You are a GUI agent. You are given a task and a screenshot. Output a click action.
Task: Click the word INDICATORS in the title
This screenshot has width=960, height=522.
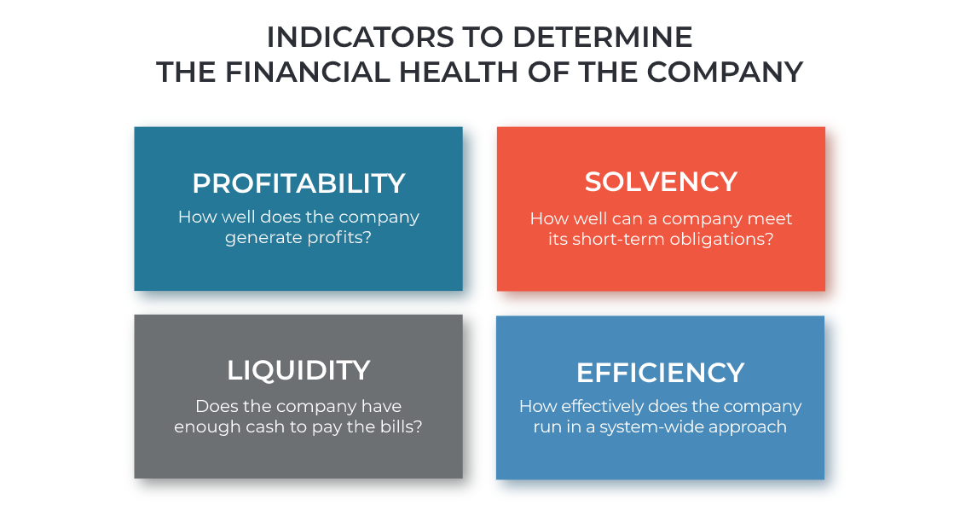pyautogui.click(x=361, y=38)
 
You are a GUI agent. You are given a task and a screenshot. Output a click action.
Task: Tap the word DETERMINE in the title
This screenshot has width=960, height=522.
pyautogui.click(x=602, y=38)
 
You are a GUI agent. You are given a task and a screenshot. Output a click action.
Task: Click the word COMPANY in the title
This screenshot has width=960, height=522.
pyautogui.click(x=725, y=72)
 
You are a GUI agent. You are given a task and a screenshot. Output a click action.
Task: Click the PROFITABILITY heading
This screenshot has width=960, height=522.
pyautogui.click(x=298, y=183)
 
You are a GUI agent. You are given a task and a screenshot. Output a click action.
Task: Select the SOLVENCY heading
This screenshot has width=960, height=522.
pyautogui.click(x=661, y=182)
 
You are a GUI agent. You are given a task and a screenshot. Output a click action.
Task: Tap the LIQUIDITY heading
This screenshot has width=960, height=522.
pyautogui.click(x=298, y=371)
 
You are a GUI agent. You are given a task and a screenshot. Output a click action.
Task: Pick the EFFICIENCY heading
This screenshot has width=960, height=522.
pyautogui.click(x=660, y=373)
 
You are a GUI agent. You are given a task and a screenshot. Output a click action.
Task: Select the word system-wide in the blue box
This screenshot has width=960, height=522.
pyautogui.click(x=647, y=427)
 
